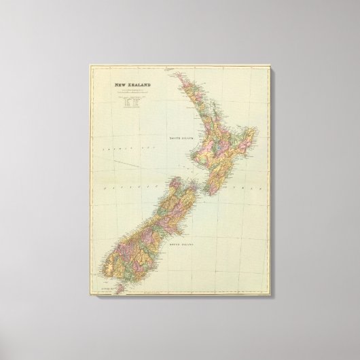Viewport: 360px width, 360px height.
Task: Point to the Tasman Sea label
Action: coord(110,146)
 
